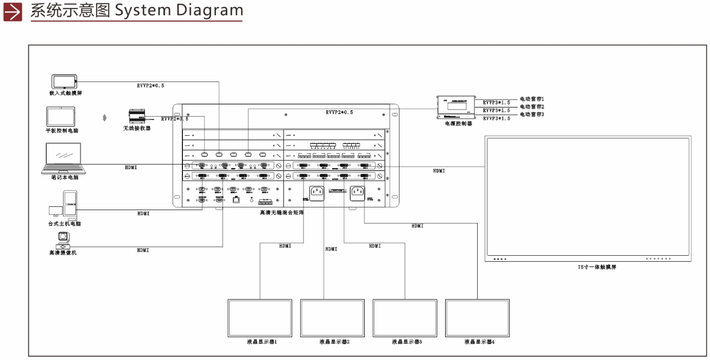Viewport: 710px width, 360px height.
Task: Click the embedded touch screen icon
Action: click(x=64, y=81)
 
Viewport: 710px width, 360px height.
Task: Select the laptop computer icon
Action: click(x=62, y=159)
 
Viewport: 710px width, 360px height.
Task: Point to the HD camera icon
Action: click(x=62, y=239)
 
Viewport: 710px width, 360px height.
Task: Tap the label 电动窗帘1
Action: click(x=531, y=99)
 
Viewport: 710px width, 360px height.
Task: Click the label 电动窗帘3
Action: click(x=531, y=115)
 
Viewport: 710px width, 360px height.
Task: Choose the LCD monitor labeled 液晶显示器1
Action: click(x=261, y=318)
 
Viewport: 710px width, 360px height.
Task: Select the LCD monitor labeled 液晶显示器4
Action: click(x=478, y=318)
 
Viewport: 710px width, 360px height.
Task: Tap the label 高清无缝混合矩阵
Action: click(x=282, y=213)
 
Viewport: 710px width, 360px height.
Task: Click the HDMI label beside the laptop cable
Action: click(x=131, y=167)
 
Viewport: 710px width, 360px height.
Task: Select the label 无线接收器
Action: click(x=136, y=128)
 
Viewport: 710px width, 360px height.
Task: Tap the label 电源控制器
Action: click(x=458, y=124)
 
